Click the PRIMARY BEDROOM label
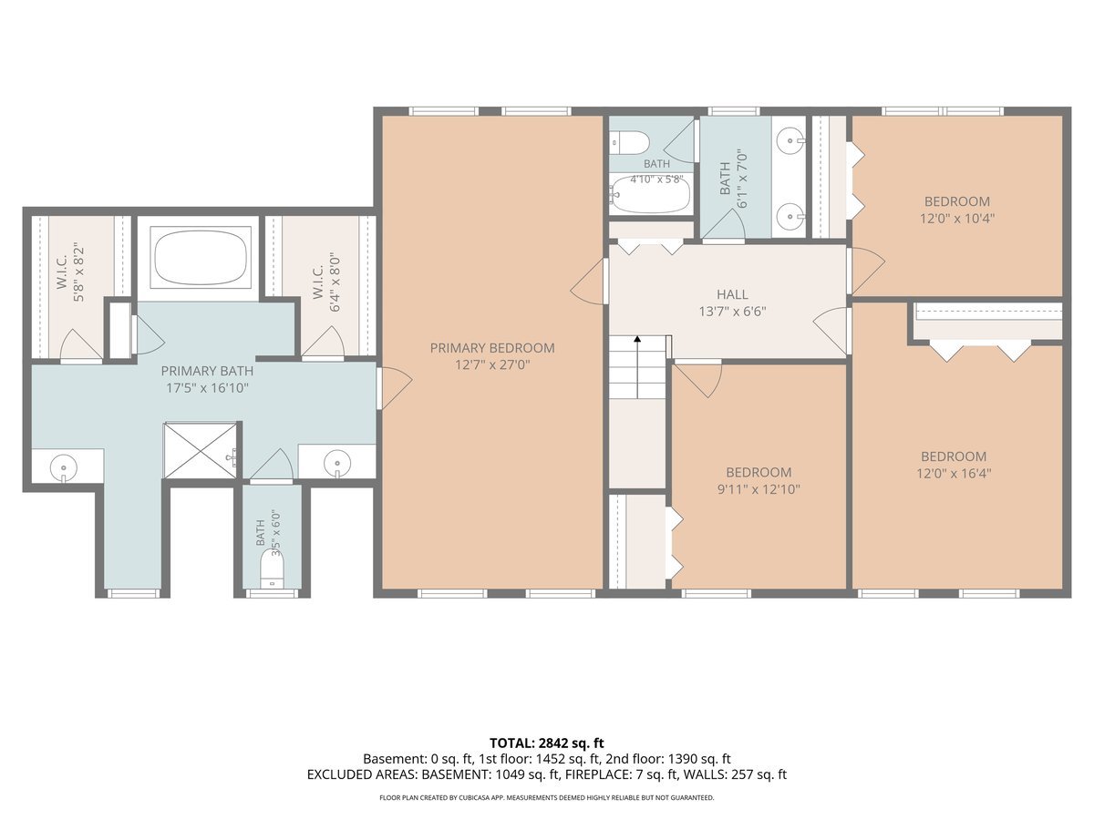[x=492, y=348]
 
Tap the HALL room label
[x=732, y=294]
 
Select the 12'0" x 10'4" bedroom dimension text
[x=957, y=219]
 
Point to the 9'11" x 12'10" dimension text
[x=759, y=489]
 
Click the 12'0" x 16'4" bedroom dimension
[x=954, y=473]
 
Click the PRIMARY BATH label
[x=207, y=371]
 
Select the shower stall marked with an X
[x=201, y=451]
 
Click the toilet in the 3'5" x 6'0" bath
[x=272, y=571]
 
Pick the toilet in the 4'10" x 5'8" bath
[x=629, y=142]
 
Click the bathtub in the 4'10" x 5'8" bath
[x=650, y=195]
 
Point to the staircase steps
[x=637, y=367]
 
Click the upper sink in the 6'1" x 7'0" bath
[x=791, y=141]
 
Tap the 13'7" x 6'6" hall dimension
[x=732, y=312]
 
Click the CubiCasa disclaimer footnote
[x=547, y=797]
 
